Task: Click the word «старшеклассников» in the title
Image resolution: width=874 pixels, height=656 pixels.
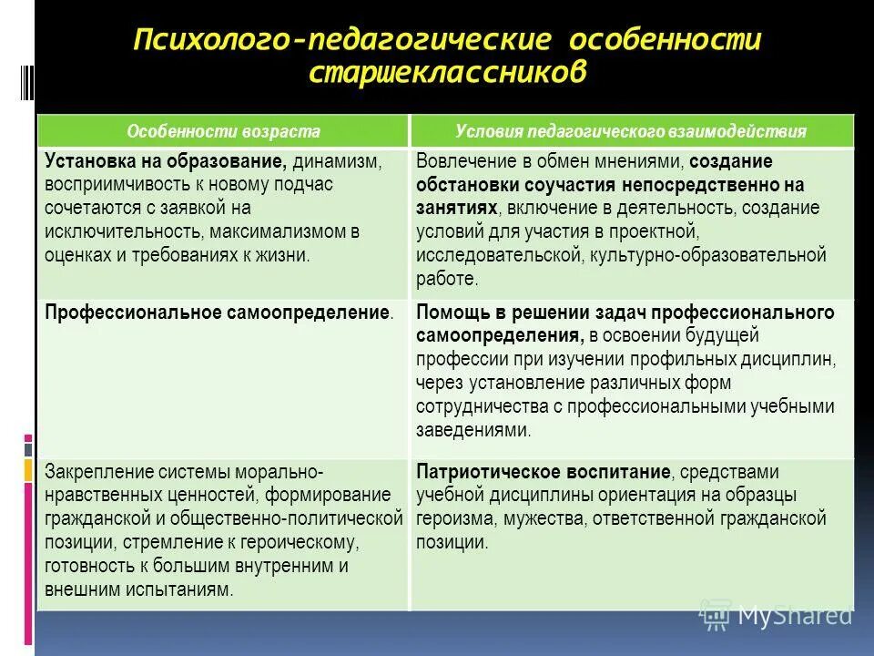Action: [x=446, y=73]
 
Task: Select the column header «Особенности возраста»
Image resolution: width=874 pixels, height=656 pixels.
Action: [x=223, y=131]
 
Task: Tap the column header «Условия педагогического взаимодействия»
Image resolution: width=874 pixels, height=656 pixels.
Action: [x=631, y=131]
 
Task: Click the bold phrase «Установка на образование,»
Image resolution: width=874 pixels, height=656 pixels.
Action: [x=167, y=161]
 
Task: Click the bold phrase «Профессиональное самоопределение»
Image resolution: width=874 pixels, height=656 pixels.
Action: [x=218, y=313]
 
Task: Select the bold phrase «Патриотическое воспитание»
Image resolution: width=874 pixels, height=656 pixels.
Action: [x=544, y=472]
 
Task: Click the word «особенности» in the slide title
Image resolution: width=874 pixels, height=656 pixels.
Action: [x=665, y=41]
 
